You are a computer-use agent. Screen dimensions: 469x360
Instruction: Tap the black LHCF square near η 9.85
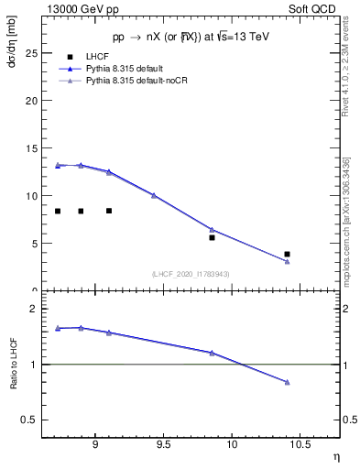(x=212, y=237)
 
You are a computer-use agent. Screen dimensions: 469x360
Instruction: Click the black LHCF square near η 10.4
(x=287, y=254)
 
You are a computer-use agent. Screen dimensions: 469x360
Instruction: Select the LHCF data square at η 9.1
(x=109, y=211)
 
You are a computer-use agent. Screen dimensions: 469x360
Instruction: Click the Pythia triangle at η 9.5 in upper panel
(x=154, y=195)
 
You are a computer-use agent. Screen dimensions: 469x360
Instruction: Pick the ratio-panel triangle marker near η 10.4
(x=287, y=382)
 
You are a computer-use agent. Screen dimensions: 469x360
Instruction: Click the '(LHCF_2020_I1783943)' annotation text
(x=190, y=273)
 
